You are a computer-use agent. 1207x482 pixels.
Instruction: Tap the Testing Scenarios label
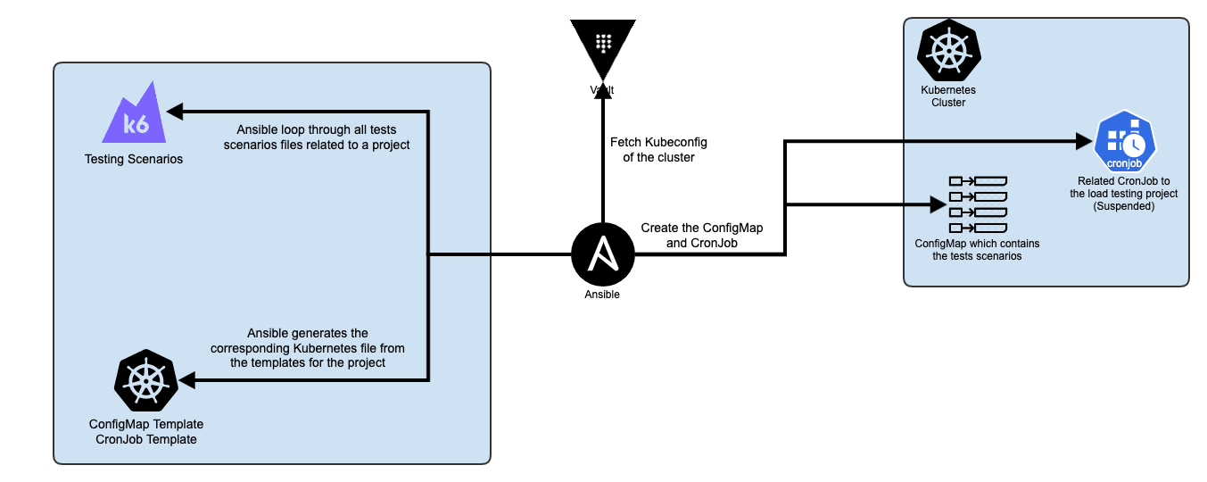pyautogui.click(x=134, y=160)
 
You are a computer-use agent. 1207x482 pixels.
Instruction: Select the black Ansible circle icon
pyautogui.click(x=603, y=254)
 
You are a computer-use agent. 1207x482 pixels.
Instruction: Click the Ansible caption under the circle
pyautogui.click(x=603, y=294)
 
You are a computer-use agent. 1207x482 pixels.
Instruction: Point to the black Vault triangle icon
pyautogui.click(x=603, y=45)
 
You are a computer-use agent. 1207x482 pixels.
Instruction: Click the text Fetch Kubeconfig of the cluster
pyautogui.click(x=652, y=149)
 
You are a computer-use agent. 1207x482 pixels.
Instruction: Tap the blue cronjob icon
pyautogui.click(x=1125, y=143)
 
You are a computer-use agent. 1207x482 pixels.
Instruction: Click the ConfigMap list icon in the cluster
pyautogui.click(x=978, y=204)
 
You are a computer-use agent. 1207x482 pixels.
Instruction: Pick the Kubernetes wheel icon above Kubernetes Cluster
pyautogui.click(x=948, y=52)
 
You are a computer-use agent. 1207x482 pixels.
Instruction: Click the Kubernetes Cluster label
pyautogui.click(x=948, y=96)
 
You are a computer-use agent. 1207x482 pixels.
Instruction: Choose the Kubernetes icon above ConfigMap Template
pyautogui.click(x=145, y=380)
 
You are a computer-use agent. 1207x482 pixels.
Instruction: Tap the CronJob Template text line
pyautogui.click(x=145, y=439)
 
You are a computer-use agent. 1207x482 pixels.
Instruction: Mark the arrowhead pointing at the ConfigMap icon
pyautogui.click(x=936, y=204)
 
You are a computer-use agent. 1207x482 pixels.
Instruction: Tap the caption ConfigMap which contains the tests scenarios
pyautogui.click(x=977, y=250)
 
